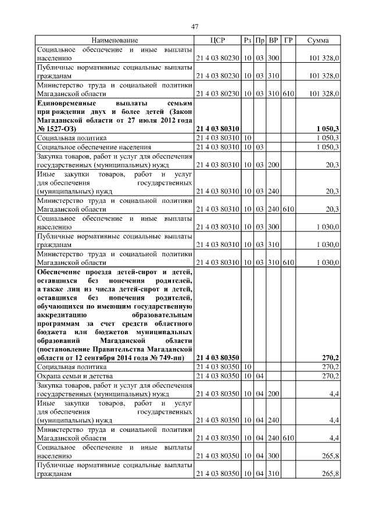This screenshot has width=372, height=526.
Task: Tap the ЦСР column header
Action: point(217,40)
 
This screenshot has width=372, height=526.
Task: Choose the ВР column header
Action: point(274,40)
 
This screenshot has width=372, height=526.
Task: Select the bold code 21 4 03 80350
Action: point(218,358)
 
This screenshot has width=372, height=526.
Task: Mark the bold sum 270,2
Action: point(330,358)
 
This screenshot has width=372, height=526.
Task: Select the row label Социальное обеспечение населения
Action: point(94,147)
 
